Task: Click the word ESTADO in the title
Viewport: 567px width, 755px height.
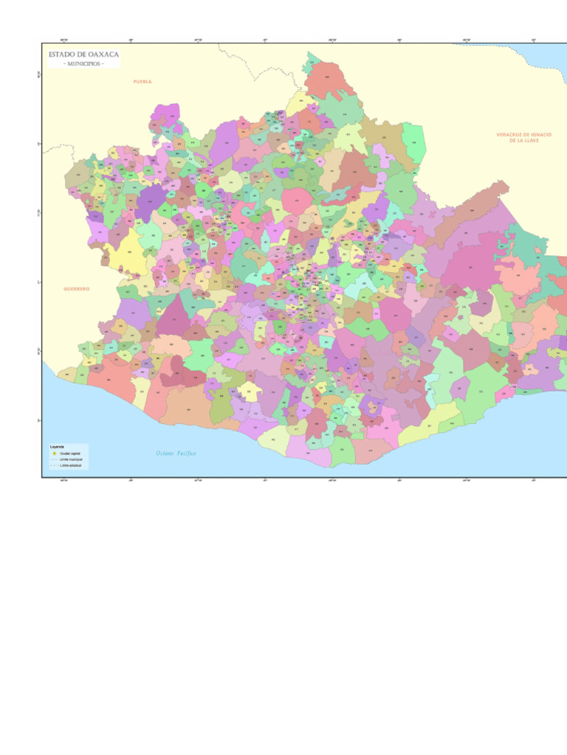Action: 62,55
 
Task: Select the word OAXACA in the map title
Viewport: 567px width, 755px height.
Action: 103,55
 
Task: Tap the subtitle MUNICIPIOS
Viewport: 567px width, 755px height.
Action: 83,64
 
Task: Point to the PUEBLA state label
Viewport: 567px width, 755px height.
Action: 142,81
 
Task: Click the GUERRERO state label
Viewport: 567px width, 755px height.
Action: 77,289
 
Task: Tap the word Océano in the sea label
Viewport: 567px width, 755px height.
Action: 164,453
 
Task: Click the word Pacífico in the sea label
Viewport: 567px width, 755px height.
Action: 186,453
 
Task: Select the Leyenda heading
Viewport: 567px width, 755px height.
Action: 57,447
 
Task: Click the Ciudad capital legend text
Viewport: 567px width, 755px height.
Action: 70,453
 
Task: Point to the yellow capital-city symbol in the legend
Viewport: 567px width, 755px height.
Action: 54,453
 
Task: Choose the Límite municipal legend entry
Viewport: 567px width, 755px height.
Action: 72,459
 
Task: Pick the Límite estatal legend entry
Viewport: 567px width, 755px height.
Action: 70,465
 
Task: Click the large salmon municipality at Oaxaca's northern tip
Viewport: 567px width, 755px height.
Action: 329,80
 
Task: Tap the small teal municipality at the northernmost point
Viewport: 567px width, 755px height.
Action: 313,59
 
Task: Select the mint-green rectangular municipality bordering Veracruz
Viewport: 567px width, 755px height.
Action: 414,144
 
